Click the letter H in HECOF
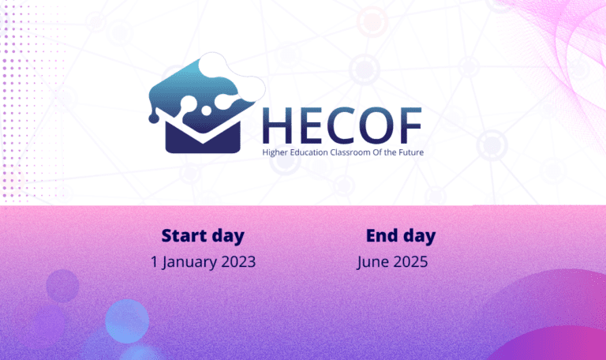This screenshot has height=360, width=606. point(277,126)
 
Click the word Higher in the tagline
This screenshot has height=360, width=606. point(275,152)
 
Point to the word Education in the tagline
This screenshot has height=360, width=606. point(309,152)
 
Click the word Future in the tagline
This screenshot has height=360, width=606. point(411,152)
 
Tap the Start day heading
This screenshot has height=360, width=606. point(203,236)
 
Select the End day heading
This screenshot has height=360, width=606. point(401,236)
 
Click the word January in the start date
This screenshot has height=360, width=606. point(184,263)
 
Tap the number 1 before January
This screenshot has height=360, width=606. point(154,262)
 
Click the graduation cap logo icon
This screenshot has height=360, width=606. point(207,103)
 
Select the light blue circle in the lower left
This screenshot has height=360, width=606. point(127,321)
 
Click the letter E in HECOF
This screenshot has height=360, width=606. point(309,126)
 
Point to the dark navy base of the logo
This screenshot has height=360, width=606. point(203,139)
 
